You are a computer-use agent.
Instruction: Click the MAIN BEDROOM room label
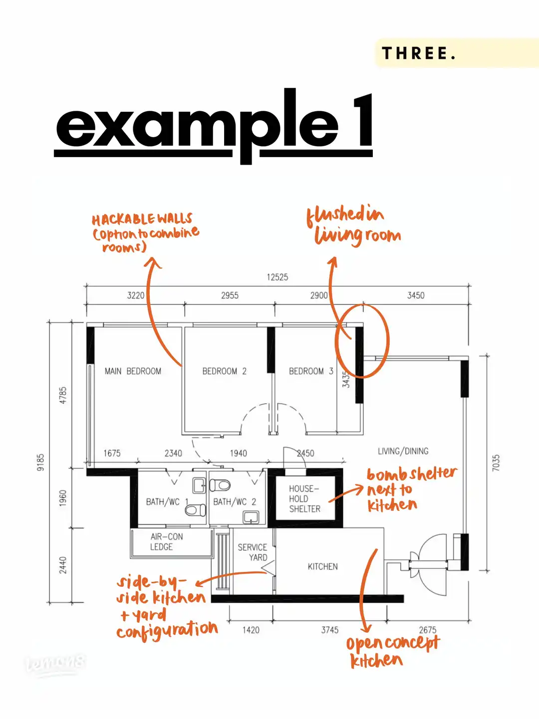pyautogui.click(x=133, y=371)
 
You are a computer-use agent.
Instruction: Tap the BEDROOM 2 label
pyautogui.click(x=224, y=371)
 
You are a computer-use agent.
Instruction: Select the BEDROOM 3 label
pyautogui.click(x=310, y=371)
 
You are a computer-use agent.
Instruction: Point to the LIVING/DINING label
pyautogui.click(x=403, y=451)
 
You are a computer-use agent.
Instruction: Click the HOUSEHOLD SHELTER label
pyautogui.click(x=304, y=499)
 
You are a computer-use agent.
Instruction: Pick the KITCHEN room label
pyautogui.click(x=322, y=567)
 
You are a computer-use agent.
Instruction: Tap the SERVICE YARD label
pyautogui.click(x=253, y=552)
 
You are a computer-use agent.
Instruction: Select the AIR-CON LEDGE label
pyautogui.click(x=166, y=542)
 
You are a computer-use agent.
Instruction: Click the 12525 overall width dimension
pyautogui.click(x=277, y=277)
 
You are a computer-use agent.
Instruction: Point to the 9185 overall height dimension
pyautogui.click(x=41, y=462)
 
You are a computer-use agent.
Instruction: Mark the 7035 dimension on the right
pyautogui.click(x=496, y=463)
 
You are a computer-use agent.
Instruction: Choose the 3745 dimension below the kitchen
pyautogui.click(x=329, y=630)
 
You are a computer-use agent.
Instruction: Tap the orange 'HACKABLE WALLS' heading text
pyautogui.click(x=142, y=219)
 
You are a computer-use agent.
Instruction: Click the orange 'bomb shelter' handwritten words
pyautogui.click(x=412, y=473)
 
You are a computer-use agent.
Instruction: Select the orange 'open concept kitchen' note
pyautogui.click(x=392, y=652)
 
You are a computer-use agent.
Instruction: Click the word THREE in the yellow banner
pyautogui.click(x=418, y=53)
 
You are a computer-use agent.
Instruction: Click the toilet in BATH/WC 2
pyautogui.click(x=220, y=484)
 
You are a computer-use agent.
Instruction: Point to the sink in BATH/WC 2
pyautogui.click(x=251, y=517)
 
